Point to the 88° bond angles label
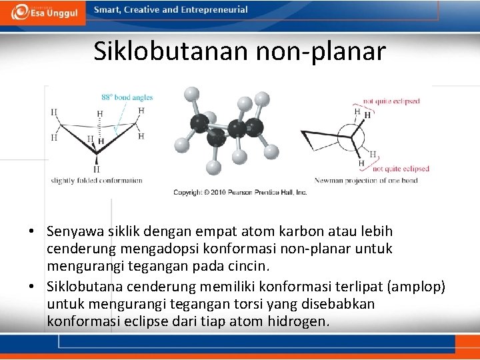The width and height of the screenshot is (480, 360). [x=127, y=97]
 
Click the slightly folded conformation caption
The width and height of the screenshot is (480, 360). [x=97, y=180]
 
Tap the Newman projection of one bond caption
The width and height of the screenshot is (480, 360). [x=366, y=181]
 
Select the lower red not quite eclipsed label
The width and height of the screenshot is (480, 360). [x=400, y=169]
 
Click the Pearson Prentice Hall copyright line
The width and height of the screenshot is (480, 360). [x=240, y=192]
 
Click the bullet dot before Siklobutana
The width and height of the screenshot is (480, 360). [x=31, y=287]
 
